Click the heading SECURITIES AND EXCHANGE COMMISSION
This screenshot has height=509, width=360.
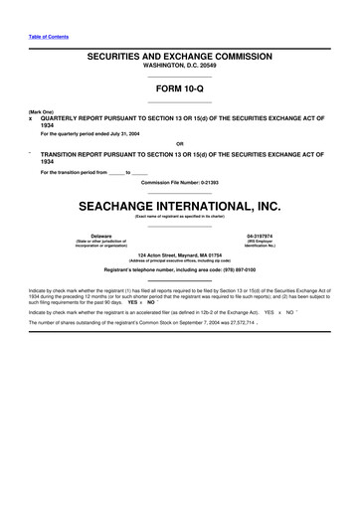[x=179, y=59]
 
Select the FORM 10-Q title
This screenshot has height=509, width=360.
[x=179, y=89]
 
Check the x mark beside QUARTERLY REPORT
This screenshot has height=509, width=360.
[x=31, y=116]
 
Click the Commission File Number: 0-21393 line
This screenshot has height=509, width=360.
[x=179, y=184]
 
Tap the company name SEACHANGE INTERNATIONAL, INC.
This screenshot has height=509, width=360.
[x=179, y=206]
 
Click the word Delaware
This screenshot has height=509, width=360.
[x=101, y=236]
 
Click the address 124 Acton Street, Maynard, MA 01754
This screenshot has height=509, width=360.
[x=179, y=254]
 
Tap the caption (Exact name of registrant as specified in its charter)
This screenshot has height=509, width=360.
[x=179, y=216]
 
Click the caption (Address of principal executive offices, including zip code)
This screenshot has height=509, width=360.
[x=179, y=260]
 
